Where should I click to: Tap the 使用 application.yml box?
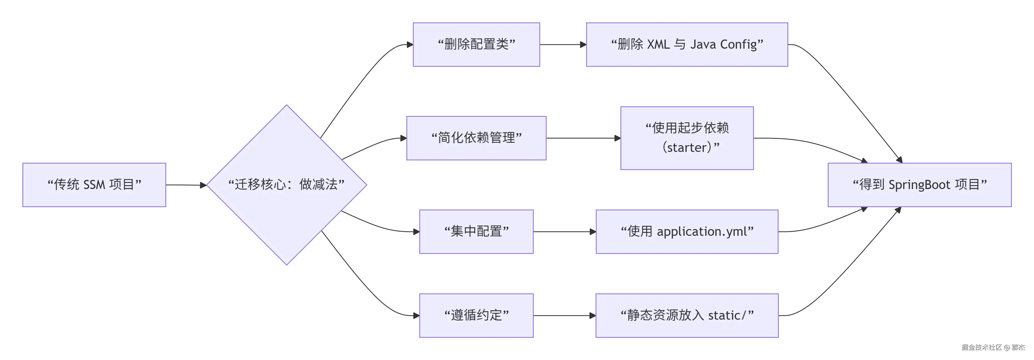[x=687, y=231]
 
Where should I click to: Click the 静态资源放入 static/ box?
[x=687, y=315]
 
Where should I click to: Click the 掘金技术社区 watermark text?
[x=981, y=347]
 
